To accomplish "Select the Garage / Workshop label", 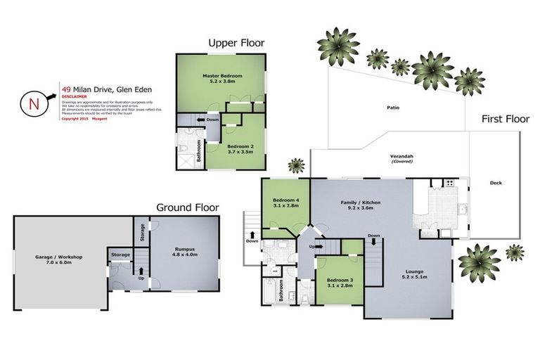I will pyautogui.click(x=59, y=258).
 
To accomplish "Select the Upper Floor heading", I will pyautogui.click(x=236, y=44).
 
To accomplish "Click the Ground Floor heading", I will pyautogui.click(x=187, y=207).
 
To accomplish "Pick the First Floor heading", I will pyautogui.click(x=505, y=120).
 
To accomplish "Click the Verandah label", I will pyautogui.click(x=401, y=157).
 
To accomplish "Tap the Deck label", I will pyautogui.click(x=495, y=184).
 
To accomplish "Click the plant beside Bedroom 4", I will pyautogui.click(x=297, y=166).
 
